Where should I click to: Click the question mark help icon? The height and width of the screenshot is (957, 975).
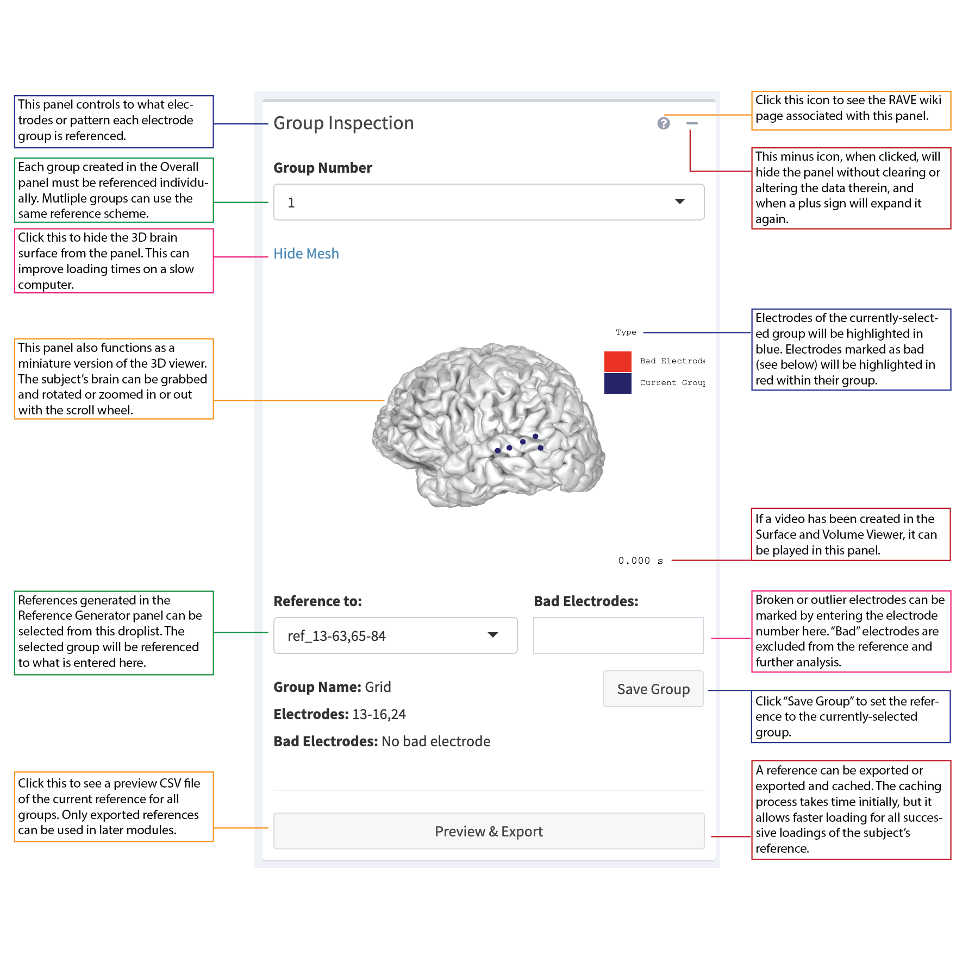tap(663, 123)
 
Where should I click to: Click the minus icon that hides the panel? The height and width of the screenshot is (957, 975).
tap(691, 123)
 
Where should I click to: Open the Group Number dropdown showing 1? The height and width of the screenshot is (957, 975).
tap(488, 202)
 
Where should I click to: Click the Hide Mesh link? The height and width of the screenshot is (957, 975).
tap(306, 254)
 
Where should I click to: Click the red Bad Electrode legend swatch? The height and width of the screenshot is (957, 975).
tap(617, 361)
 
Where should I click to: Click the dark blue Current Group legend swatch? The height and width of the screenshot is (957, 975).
tap(617, 383)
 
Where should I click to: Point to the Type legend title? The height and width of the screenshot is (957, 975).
tap(626, 332)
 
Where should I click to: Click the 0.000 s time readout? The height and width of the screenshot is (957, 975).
tap(640, 561)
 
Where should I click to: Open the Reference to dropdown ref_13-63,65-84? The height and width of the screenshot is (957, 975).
tap(395, 635)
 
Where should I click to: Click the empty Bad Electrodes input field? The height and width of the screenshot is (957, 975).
tap(618, 635)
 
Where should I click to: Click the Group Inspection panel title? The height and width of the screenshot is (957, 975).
tap(343, 123)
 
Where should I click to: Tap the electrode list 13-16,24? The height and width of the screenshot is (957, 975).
tap(379, 714)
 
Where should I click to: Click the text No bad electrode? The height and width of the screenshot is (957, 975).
tap(435, 741)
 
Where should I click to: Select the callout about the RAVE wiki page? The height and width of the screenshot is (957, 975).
tap(851, 111)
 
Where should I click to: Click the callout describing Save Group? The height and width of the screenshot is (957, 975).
tap(851, 716)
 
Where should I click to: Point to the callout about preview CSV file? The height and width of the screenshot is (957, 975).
tap(114, 807)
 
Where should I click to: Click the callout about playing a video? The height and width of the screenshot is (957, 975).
tap(851, 534)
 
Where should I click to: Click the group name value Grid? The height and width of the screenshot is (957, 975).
tap(378, 687)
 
